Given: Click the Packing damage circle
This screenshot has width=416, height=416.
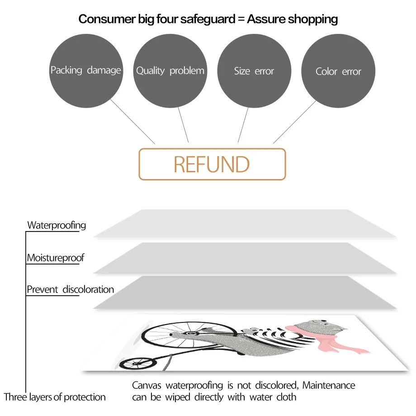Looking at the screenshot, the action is tap(85, 70).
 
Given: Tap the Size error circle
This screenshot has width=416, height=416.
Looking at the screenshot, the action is tap(254, 71).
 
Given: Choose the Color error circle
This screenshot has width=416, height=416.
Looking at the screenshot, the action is tap(338, 71).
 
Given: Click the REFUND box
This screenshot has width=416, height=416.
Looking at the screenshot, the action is tap(212, 164).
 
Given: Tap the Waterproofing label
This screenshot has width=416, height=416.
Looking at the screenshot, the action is tap(57, 225).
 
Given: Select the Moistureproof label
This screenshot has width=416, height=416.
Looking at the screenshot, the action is tap(56, 258).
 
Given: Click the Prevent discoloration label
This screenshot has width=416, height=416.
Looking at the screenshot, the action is tap(71, 289).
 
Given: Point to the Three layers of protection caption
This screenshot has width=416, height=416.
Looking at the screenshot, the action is tap(55, 397).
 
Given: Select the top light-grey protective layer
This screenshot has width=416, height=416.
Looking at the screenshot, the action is tap(245, 223).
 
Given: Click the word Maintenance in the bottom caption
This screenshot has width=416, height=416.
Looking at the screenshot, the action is tap(329, 386).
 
